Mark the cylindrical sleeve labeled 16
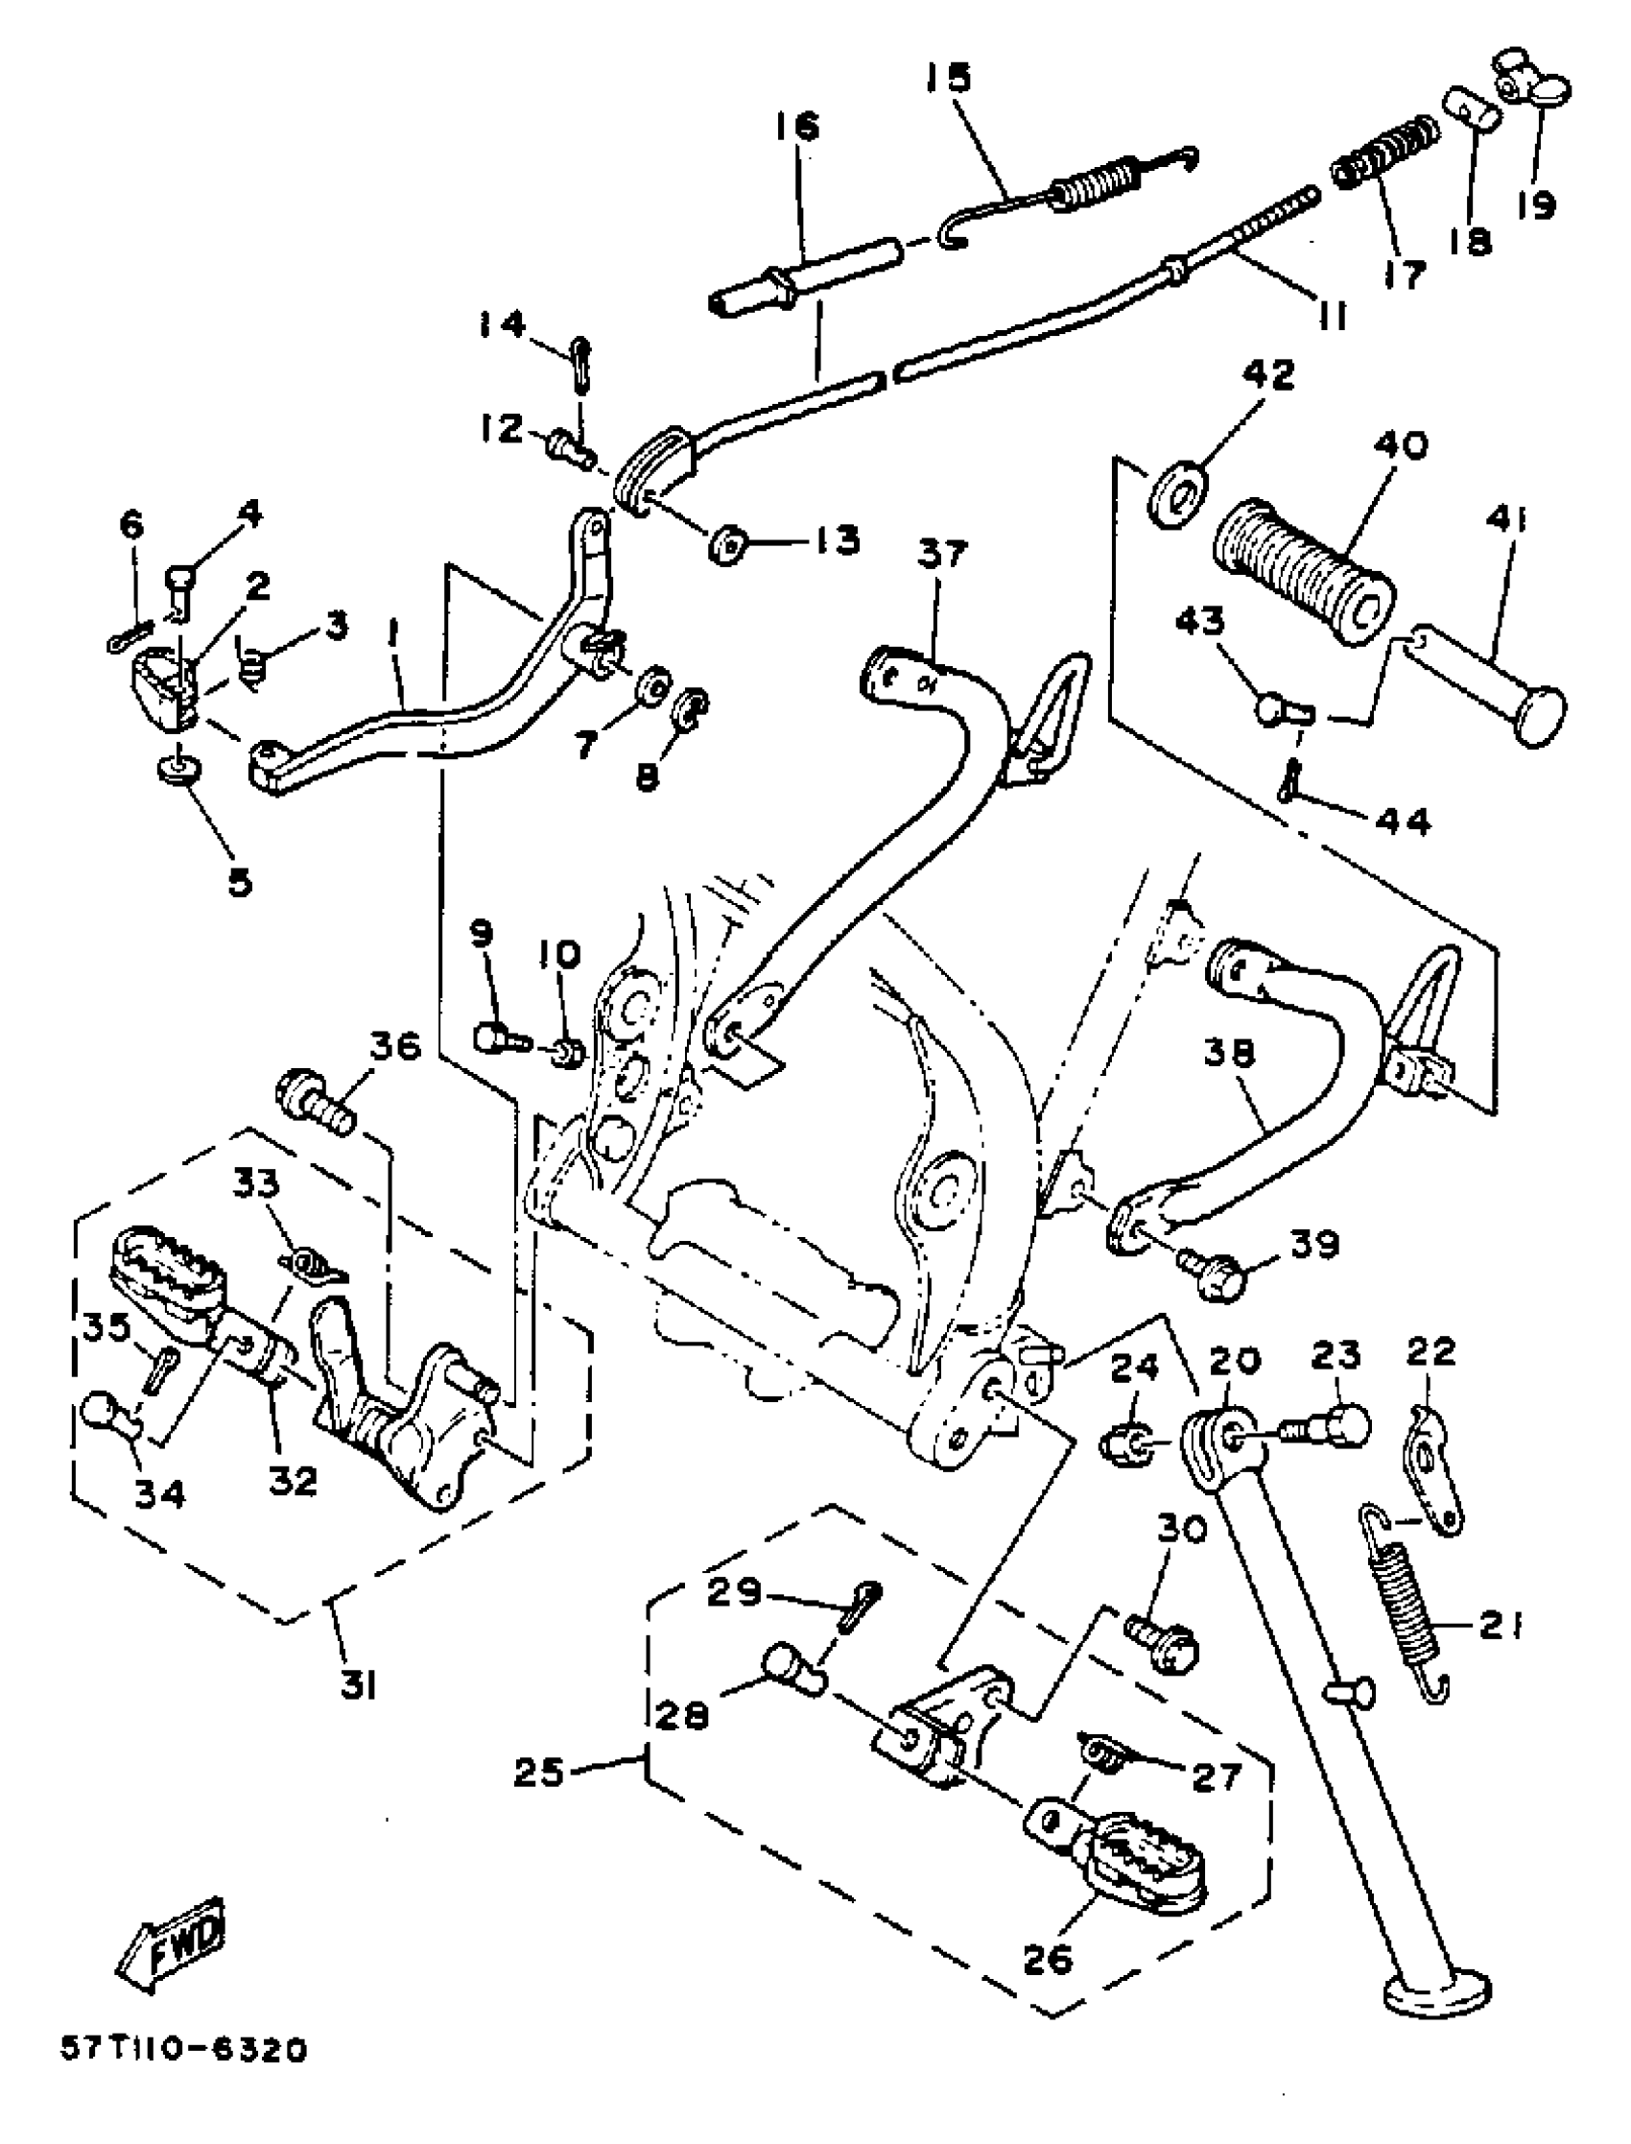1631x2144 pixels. pyautogui.click(x=806, y=275)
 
